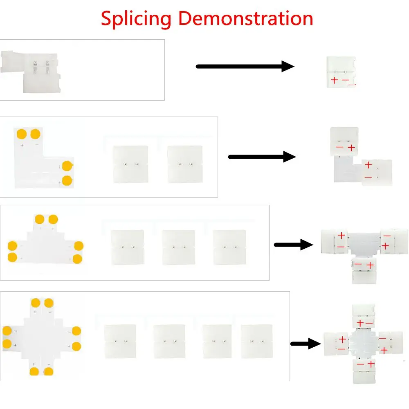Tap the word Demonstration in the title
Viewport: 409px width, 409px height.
[x=246, y=18]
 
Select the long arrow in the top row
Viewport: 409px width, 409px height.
[x=245, y=66]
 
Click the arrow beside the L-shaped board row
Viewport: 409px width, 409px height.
[x=262, y=157]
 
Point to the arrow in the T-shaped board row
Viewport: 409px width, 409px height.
[x=293, y=245]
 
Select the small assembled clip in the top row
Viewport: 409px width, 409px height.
[x=341, y=72]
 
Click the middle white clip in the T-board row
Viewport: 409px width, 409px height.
[x=178, y=247]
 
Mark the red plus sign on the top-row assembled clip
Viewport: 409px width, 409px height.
[x=334, y=81]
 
